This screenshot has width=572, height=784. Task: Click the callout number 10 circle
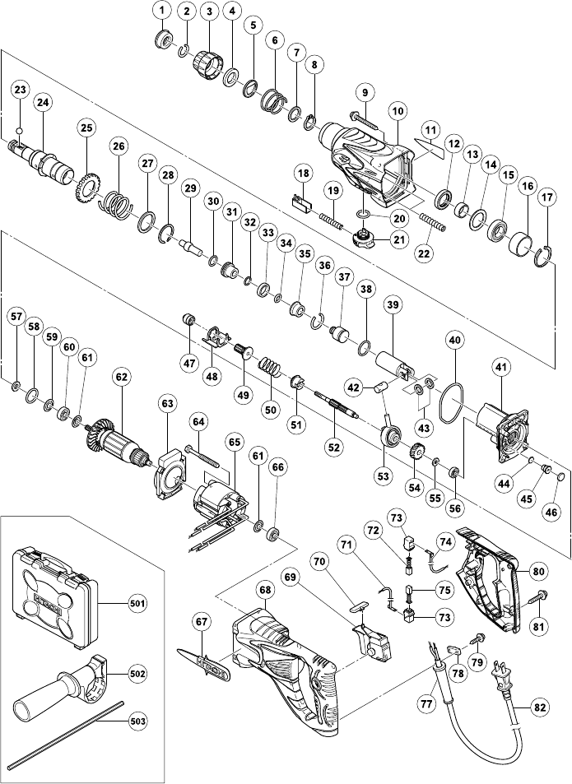pyautogui.click(x=398, y=109)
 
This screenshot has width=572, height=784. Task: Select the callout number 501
pyautogui.click(x=137, y=604)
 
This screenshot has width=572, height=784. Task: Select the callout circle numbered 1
pyautogui.click(x=162, y=11)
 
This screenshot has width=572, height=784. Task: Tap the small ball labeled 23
pyautogui.click(x=21, y=128)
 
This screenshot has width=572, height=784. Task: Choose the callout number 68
pyautogui.click(x=264, y=589)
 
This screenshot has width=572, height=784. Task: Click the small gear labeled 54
pyautogui.click(x=415, y=453)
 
